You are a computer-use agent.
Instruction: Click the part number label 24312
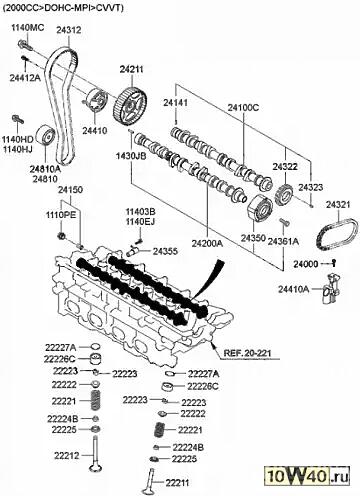tap(69, 30)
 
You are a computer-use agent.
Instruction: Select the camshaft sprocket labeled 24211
tap(130, 106)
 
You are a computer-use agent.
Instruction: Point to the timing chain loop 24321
tap(337, 235)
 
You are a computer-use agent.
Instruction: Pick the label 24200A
tap(207, 243)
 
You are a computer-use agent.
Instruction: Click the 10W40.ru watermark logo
tap(307, 475)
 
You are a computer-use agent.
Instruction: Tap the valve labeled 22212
tap(95, 454)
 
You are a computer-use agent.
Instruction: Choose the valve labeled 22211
tap(150, 482)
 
